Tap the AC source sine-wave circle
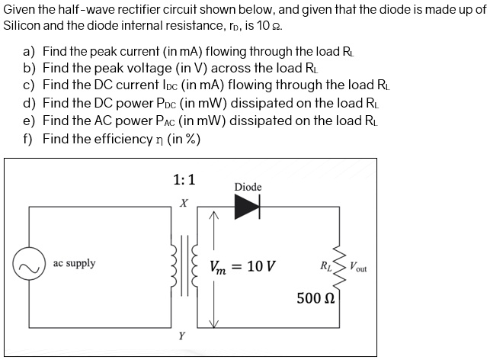[x=29, y=265]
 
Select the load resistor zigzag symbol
[x=339, y=266]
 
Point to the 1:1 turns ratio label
[x=184, y=180]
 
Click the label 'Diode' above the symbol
[x=248, y=187]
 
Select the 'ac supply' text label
[x=75, y=263]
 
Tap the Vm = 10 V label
[x=243, y=266]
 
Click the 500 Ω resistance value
[x=312, y=297]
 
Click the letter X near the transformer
[x=182, y=204]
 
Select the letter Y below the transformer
[x=181, y=335]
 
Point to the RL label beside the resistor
[x=325, y=266]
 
